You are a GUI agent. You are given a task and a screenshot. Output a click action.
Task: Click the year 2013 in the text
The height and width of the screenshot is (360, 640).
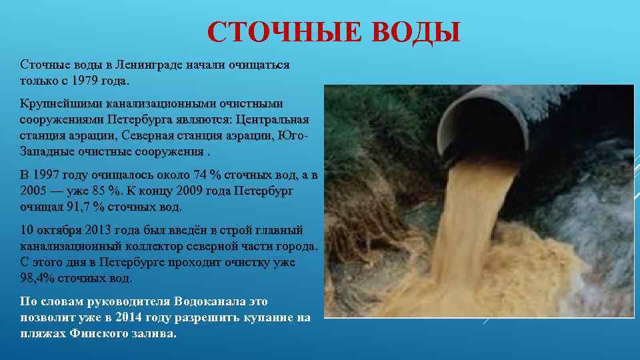[101, 230]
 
